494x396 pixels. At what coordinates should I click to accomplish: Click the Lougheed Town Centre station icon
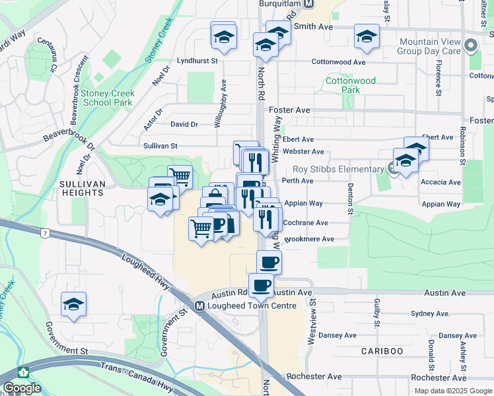[x=199, y=306]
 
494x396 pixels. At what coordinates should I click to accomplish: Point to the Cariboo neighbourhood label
[x=382, y=350]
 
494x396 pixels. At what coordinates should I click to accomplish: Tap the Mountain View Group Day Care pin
[x=470, y=46]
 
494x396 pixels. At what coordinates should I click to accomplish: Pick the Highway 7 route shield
[x=44, y=234]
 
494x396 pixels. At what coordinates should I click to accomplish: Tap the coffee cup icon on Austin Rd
[x=261, y=284]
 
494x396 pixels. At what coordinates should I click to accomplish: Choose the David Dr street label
[x=184, y=124]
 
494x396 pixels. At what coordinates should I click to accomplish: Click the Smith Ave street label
[x=314, y=26]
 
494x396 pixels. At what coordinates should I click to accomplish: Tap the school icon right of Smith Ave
[x=367, y=37]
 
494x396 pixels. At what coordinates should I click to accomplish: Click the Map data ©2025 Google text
[x=452, y=390]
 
